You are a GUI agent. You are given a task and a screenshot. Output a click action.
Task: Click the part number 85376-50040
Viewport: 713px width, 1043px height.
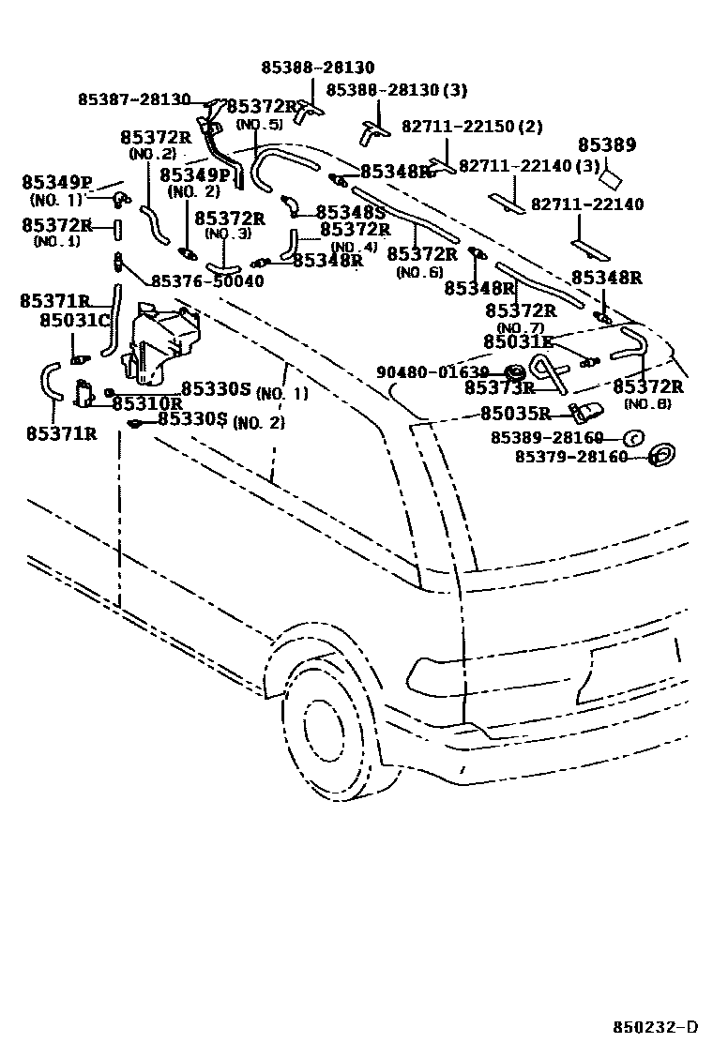tap(207, 280)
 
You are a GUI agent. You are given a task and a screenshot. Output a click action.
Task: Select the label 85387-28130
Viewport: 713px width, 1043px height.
tap(134, 99)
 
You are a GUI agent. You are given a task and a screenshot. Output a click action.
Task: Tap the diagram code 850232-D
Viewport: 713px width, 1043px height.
tap(658, 1024)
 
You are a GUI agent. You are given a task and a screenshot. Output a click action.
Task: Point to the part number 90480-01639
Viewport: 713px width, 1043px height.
tap(432, 371)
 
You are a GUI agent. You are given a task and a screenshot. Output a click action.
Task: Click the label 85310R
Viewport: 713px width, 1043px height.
tap(147, 404)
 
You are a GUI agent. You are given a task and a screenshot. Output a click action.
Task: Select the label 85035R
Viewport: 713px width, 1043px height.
tap(515, 413)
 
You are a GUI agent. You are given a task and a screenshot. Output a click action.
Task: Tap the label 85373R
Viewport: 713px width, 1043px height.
tap(499, 387)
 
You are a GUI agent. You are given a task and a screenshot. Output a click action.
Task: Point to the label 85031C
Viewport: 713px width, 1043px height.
tap(75, 321)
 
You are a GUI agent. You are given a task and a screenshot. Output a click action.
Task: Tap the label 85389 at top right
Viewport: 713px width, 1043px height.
tap(606, 145)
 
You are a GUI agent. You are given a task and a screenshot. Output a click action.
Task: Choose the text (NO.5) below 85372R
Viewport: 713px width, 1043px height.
tap(258, 125)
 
